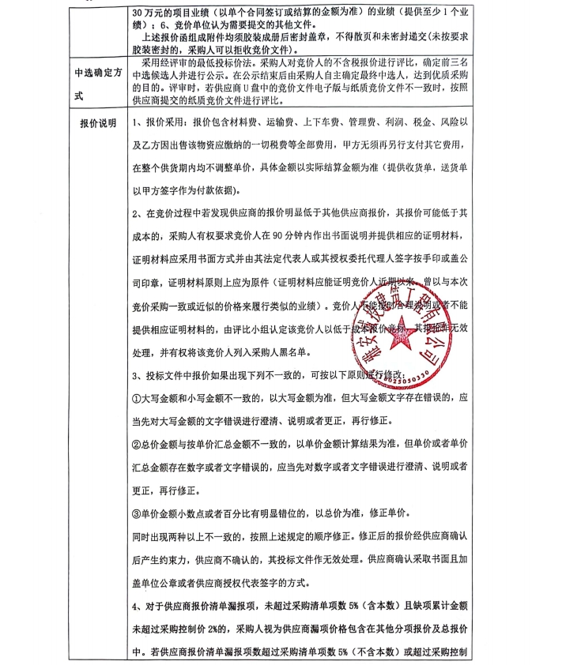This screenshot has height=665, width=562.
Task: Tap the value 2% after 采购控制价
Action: click(x=222, y=630)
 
